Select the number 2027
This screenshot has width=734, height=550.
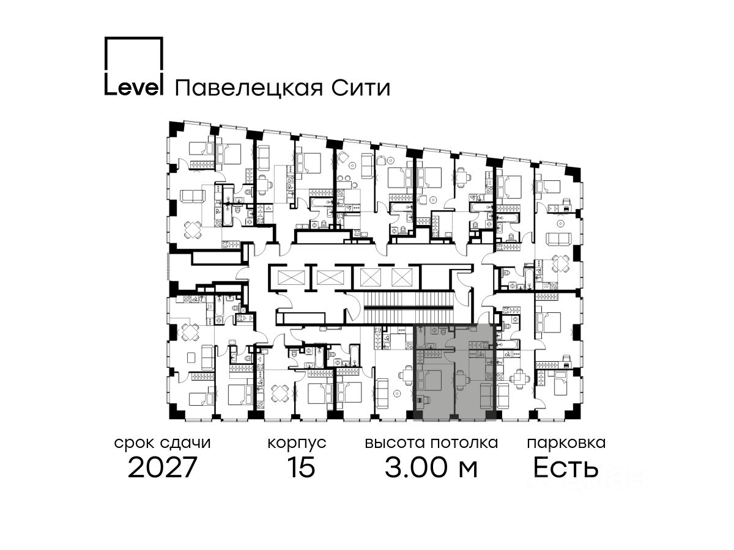[163, 468]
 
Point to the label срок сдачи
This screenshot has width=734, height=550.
[163, 442]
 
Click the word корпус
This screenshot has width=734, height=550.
[297, 442]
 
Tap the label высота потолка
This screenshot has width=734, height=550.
[431, 442]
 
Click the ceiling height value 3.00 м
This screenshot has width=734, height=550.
[431, 468]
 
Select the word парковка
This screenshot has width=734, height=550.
[566, 442]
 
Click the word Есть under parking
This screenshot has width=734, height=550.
[565, 468]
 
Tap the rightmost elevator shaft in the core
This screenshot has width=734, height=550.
[401, 277]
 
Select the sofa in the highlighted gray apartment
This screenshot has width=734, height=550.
[486, 397]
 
